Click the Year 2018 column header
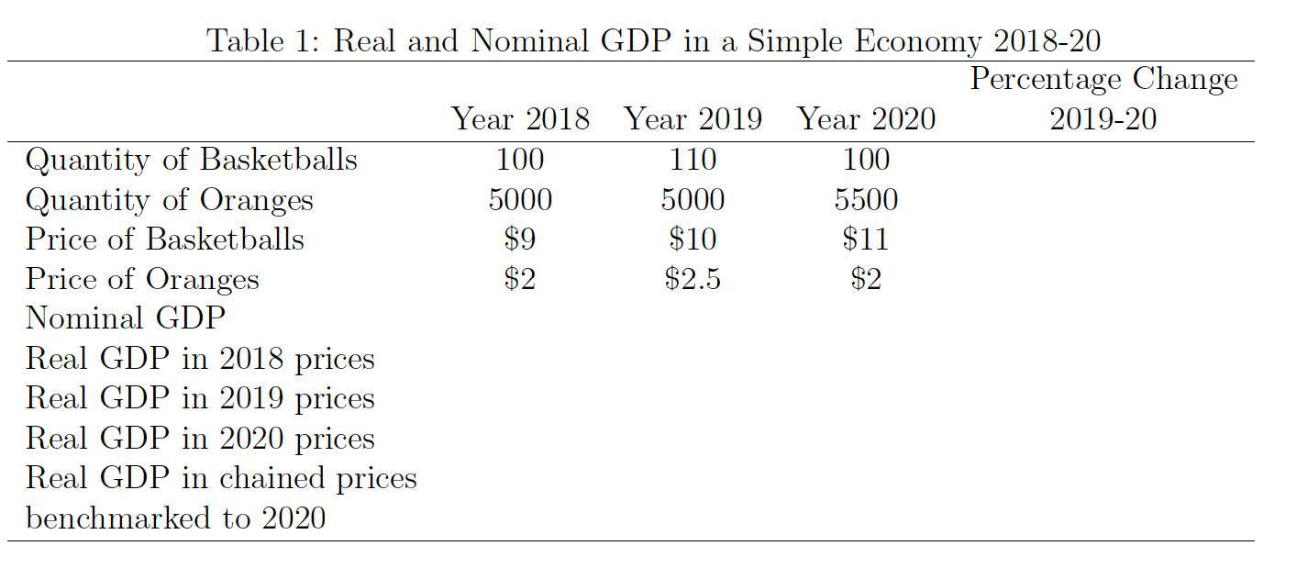[520, 119]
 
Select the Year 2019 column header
[693, 119]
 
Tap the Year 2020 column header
[866, 119]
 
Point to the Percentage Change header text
[1103, 80]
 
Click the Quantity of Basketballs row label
[191, 160]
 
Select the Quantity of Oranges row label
[169, 199]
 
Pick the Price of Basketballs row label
[164, 239]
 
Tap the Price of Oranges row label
[142, 279]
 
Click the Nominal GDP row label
[125, 318]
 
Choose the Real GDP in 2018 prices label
[200, 359]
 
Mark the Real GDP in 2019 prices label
[200, 398]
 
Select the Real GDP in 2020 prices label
[200, 439]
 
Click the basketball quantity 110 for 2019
[693, 160]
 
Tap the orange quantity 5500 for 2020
[866, 199]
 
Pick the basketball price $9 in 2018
[520, 239]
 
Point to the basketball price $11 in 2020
[866, 239]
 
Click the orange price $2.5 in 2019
[693, 279]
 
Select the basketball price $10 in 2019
[693, 239]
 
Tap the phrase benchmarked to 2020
[175, 518]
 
